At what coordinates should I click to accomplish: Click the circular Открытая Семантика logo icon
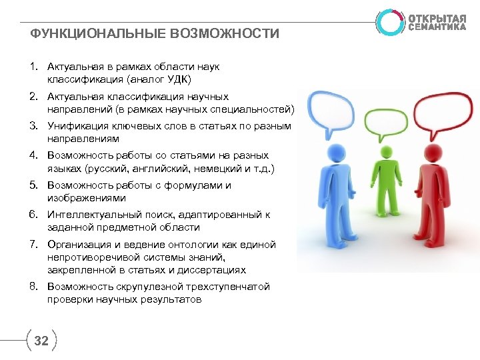coord(389,21)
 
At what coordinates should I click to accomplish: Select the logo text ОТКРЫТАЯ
coord(437,17)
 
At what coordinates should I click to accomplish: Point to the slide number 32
coord(41,341)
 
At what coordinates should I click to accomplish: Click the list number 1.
coord(33,67)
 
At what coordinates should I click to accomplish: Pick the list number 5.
coord(33,186)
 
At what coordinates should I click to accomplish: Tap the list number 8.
coord(33,287)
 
